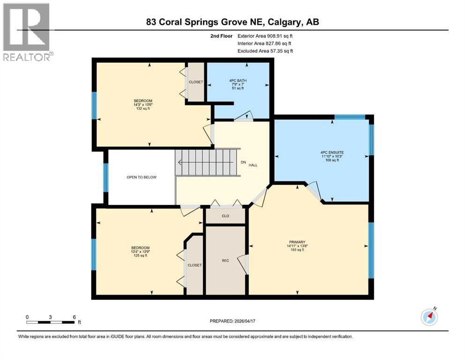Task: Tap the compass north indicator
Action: click(x=429, y=317)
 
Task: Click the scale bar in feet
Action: click(x=51, y=322)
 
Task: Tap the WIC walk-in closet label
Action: click(x=225, y=260)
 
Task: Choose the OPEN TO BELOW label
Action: click(x=141, y=177)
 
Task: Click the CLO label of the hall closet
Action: click(x=225, y=217)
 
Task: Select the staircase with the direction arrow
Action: click(x=206, y=163)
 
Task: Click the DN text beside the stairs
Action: click(x=243, y=162)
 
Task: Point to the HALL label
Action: click(x=253, y=165)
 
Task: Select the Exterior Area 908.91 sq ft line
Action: click(x=266, y=36)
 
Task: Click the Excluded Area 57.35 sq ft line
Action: click(x=266, y=51)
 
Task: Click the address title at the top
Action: click(x=232, y=22)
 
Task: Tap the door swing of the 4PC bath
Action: click(x=244, y=116)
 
